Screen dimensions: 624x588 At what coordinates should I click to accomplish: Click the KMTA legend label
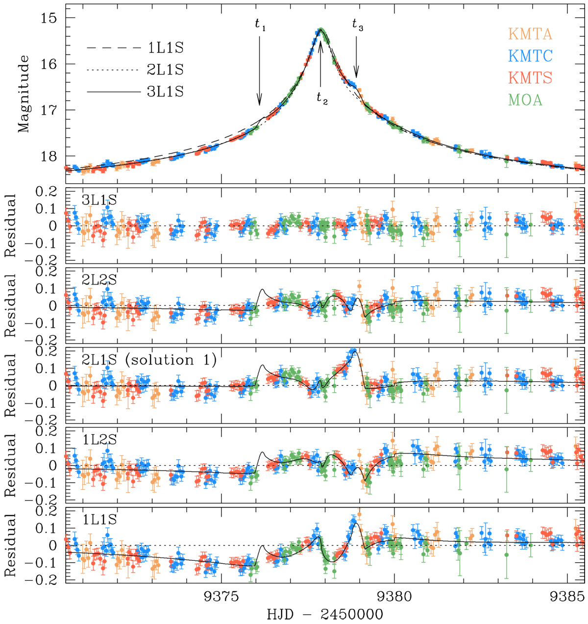coord(530,34)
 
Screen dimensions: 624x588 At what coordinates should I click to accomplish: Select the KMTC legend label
coord(530,56)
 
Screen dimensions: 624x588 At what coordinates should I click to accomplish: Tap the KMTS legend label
coord(530,78)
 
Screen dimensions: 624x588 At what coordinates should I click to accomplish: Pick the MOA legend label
coord(526,100)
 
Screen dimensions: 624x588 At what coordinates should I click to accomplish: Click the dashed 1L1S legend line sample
coord(113,49)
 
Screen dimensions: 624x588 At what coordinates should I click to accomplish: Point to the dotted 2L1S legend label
coord(165,70)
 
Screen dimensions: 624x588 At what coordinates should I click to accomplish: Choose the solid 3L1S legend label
coord(165,92)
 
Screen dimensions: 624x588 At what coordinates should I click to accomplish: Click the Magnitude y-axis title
coord(24,94)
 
